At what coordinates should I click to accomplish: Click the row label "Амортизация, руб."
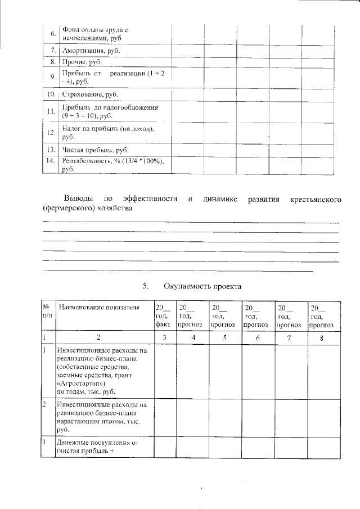tap(91, 51)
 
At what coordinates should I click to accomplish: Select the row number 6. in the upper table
tap(53, 33)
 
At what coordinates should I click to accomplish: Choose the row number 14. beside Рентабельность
tap(51, 161)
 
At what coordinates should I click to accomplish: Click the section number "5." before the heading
tap(146, 286)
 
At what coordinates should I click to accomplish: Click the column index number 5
tap(224, 337)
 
